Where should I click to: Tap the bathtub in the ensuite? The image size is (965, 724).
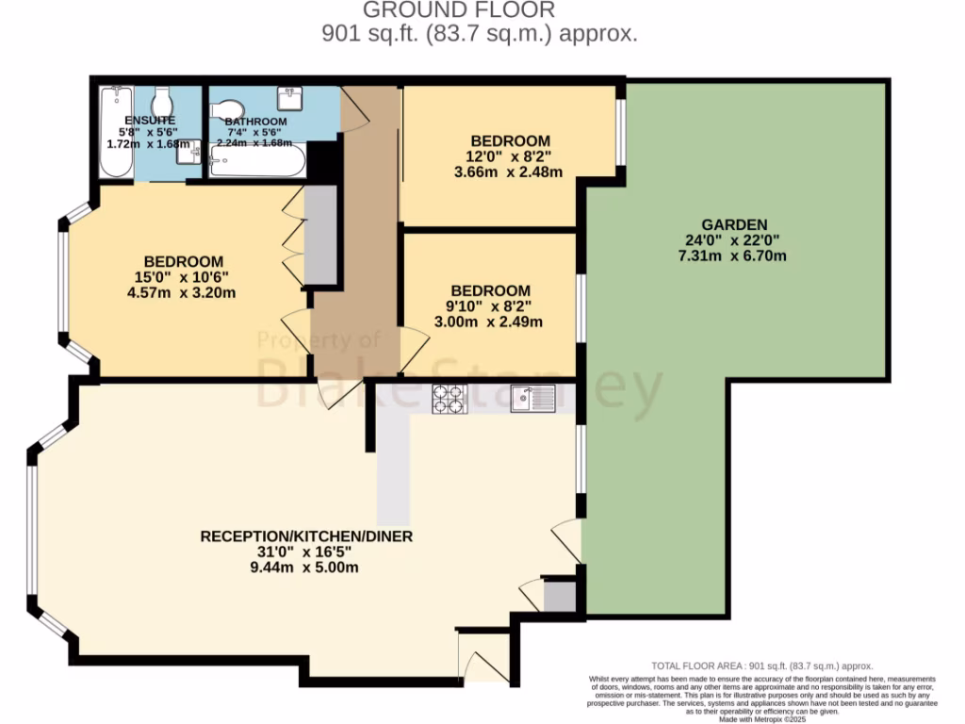pos(116,131)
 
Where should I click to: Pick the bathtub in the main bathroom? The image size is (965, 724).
pos(257,161)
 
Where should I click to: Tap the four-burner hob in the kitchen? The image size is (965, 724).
pos(448,400)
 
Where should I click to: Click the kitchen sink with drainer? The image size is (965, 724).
pos(534,399)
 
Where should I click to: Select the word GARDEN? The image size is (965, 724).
pos(739,224)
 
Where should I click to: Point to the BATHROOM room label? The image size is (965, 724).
pos(254,122)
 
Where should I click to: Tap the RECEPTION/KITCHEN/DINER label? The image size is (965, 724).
pos(306,536)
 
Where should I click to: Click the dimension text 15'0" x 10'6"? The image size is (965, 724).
pos(184,277)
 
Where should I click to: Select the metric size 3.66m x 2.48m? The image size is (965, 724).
pos(508,172)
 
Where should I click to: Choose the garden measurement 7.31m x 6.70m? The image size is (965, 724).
pos(739,255)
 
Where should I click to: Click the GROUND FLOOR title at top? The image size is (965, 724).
pos(459,10)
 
